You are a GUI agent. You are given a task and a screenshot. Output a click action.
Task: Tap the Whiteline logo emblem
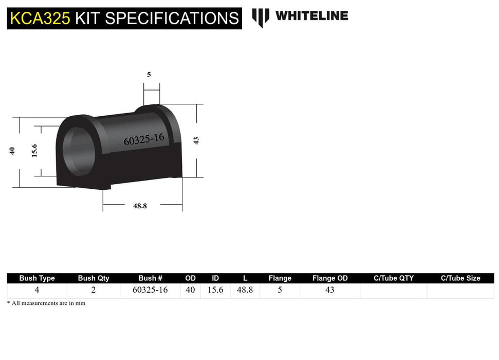pyautogui.click(x=261, y=17)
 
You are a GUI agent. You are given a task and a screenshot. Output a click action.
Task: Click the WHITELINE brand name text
pyautogui.click(x=311, y=16)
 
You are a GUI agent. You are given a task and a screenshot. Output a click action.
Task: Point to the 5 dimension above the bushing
pyautogui.click(x=149, y=75)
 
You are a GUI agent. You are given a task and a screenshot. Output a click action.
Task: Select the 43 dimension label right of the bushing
pyautogui.click(x=196, y=140)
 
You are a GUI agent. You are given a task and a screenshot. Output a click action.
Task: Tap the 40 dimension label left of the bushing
pyautogui.click(x=12, y=151)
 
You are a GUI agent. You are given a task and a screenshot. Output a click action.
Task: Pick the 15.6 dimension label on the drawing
pyautogui.click(x=34, y=151)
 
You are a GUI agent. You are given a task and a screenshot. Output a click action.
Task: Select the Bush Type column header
pyautogui.click(x=37, y=278)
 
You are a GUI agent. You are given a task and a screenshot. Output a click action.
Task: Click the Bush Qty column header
pyautogui.click(x=94, y=278)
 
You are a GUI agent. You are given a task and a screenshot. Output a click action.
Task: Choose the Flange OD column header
pyautogui.click(x=330, y=278)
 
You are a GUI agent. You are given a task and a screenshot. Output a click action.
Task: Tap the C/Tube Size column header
pyautogui.click(x=460, y=278)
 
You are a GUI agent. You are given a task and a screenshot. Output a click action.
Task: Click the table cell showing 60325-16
pyautogui.click(x=150, y=290)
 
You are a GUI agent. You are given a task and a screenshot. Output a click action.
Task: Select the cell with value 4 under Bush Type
pyautogui.click(x=37, y=290)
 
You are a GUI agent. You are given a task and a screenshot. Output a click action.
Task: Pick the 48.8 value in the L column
pyautogui.click(x=246, y=290)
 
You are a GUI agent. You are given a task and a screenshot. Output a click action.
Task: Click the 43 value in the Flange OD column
pyautogui.click(x=330, y=290)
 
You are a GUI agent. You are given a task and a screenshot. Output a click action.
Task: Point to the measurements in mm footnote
pyautogui.click(x=46, y=303)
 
